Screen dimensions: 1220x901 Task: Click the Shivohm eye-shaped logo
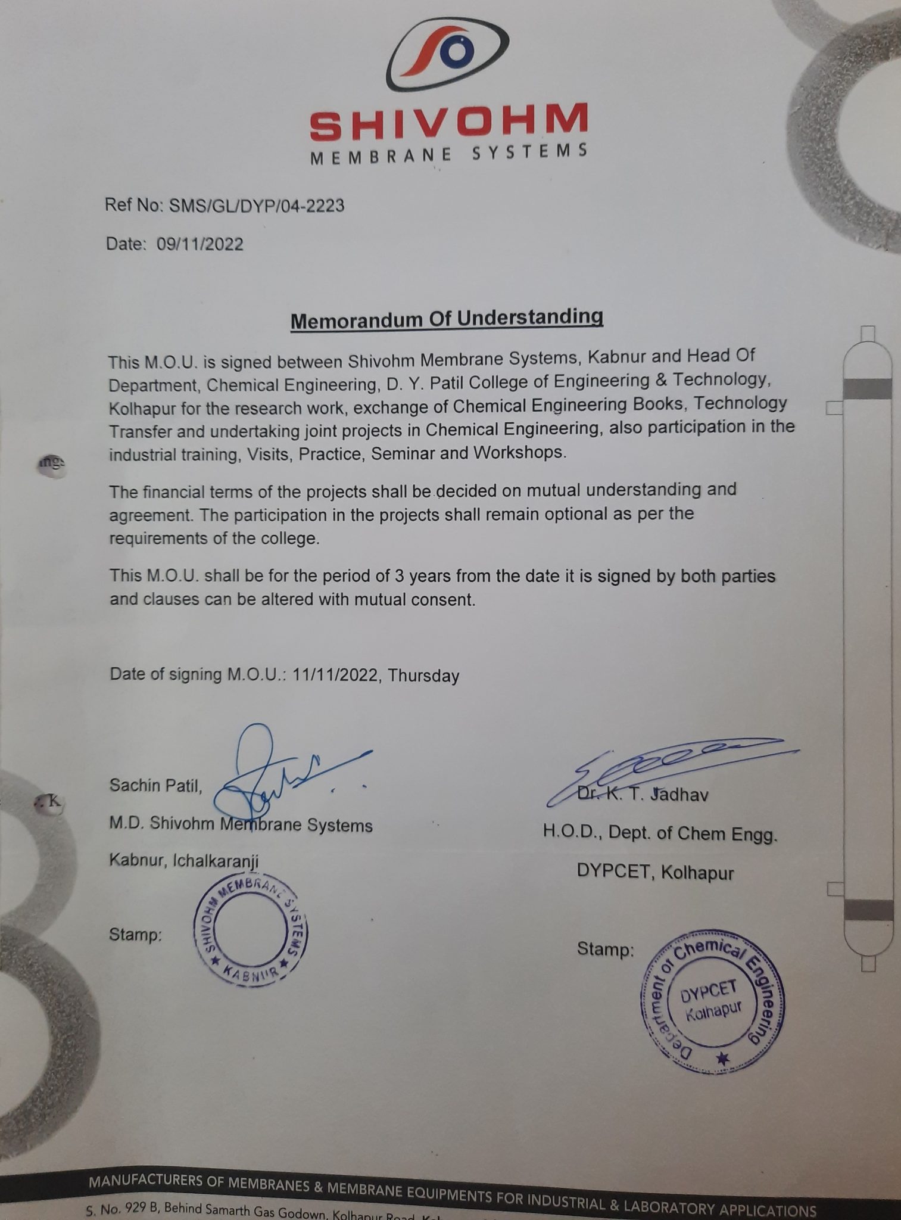[448, 54]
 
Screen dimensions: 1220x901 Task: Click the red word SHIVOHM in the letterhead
[448, 123]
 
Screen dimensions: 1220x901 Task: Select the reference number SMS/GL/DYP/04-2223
[257, 206]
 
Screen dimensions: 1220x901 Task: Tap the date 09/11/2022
[200, 244]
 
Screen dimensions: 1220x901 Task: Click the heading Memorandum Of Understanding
[447, 318]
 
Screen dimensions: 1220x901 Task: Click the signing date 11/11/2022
[335, 675]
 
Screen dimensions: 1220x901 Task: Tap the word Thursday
[423, 676]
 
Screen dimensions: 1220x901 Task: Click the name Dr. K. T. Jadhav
[643, 795]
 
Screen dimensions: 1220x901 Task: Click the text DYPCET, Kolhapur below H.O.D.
[654, 873]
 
